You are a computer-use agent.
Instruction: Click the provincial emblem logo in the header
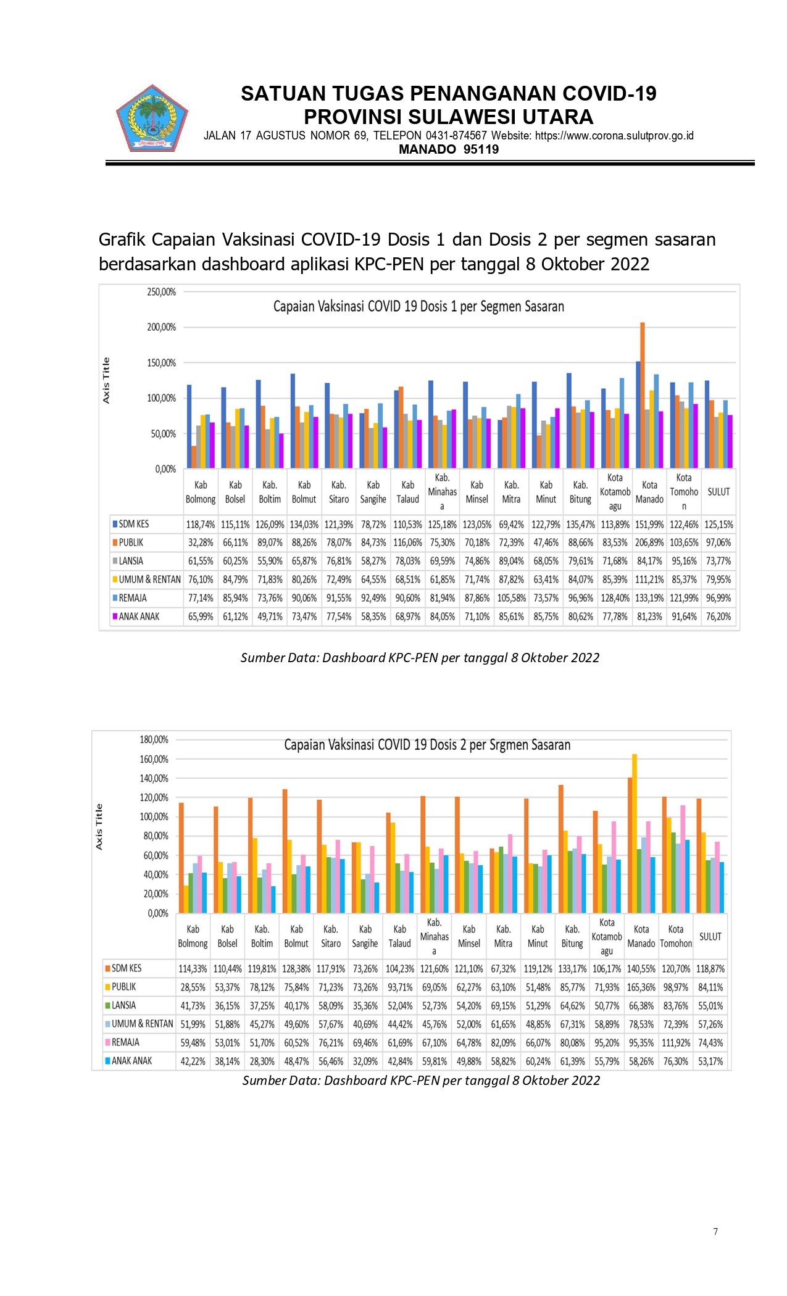pyautogui.click(x=152, y=118)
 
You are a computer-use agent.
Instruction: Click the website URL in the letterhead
pyautogui.click(x=614, y=136)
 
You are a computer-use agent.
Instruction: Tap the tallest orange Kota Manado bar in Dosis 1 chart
pyautogui.click(x=643, y=395)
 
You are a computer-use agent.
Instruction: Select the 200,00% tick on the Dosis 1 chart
pyautogui.click(x=162, y=327)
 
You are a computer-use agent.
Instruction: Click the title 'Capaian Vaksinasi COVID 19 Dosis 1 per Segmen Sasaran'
pyautogui.click(x=418, y=306)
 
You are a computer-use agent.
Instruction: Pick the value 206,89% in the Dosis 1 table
pyautogui.click(x=649, y=542)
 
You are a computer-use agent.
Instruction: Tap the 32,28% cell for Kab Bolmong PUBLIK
pyautogui.click(x=201, y=542)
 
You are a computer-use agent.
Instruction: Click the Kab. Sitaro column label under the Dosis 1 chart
pyautogui.click(x=339, y=492)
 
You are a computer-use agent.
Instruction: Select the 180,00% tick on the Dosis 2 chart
pyautogui.click(x=154, y=739)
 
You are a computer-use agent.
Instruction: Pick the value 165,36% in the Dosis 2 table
pyautogui.click(x=641, y=987)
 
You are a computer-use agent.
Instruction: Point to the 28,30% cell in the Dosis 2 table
pyautogui.click(x=262, y=1061)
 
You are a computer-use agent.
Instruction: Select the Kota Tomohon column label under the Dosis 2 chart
pyautogui.click(x=676, y=936)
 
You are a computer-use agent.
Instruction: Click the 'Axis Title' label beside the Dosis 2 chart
pyautogui.click(x=99, y=827)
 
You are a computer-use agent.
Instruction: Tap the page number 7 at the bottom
pyautogui.click(x=715, y=1231)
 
